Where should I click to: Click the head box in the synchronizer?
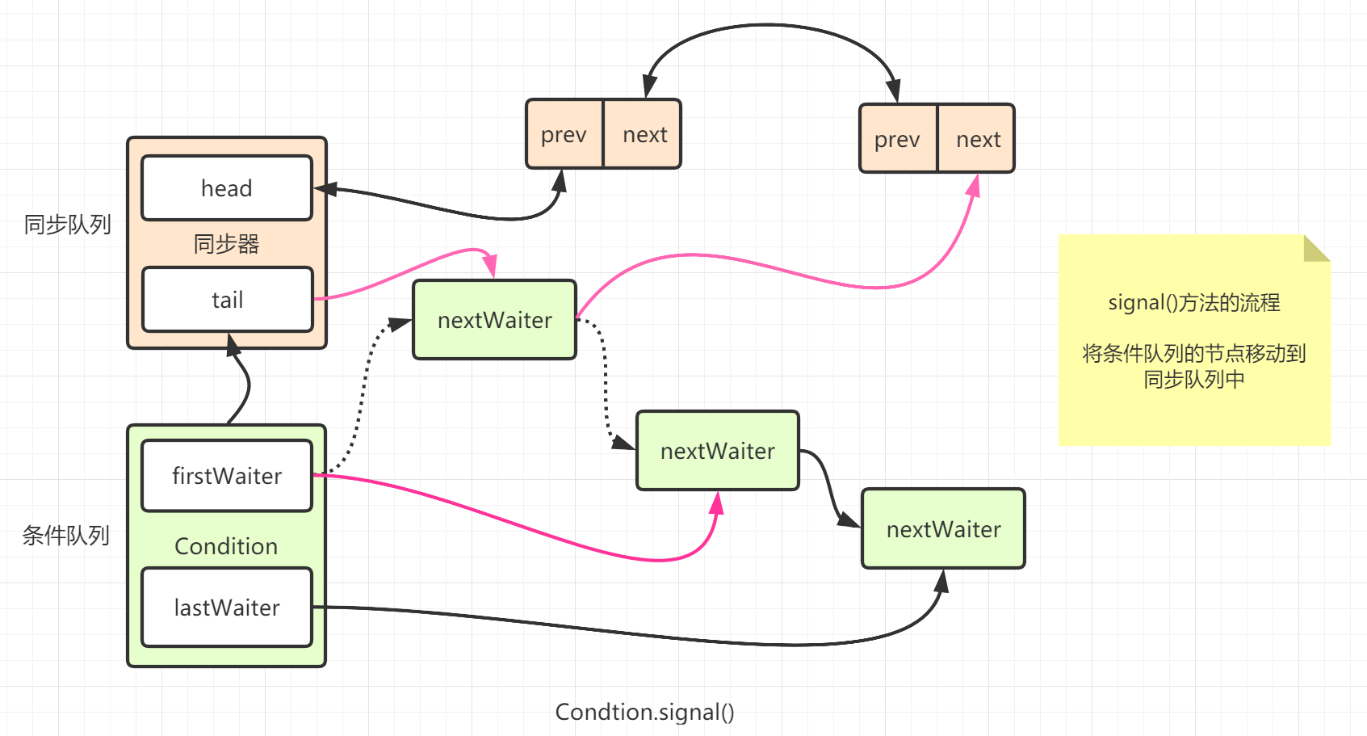[227, 188]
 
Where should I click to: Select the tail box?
[227, 300]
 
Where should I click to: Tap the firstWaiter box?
[227, 476]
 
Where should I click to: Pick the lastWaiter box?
[227, 608]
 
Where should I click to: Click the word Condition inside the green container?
[226, 546]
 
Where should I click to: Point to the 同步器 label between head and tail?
[226, 244]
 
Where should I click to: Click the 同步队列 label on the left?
[67, 225]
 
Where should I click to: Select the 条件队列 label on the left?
[65, 536]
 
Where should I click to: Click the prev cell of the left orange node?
[564, 134]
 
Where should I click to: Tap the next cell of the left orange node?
[644, 134]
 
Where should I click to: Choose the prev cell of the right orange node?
[897, 139]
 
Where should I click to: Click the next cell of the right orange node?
[978, 139]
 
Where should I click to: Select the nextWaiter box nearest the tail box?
[494, 320]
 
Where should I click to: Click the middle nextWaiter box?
[717, 451]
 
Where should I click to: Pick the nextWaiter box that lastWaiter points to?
[943, 529]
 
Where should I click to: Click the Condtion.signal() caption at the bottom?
[644, 712]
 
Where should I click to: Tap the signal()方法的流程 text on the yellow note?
[1193, 303]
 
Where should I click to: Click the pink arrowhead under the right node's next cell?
[975, 187]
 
